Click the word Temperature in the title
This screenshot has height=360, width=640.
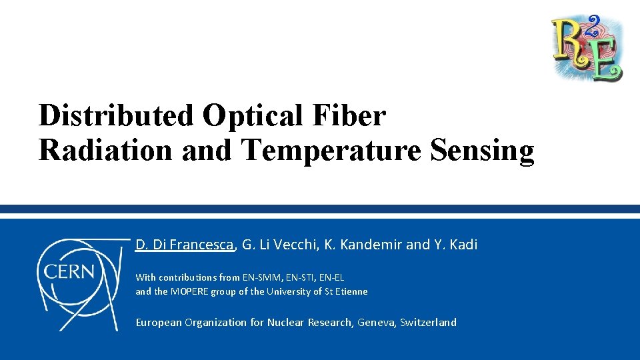pos(331,150)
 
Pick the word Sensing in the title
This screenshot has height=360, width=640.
pos(482,150)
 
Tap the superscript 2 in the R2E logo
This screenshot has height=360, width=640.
pos(593,23)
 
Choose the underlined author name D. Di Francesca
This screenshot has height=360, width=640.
pos(185,245)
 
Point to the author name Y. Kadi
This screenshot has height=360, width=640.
pos(456,245)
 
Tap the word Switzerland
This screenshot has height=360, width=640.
pos(428,323)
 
